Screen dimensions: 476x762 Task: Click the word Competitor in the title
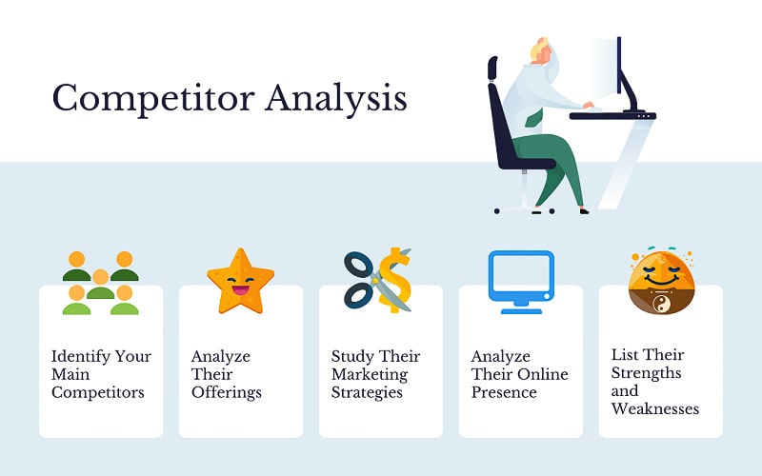tap(152, 98)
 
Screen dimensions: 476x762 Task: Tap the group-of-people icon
tap(100, 283)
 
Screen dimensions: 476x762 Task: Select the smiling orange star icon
tap(240, 281)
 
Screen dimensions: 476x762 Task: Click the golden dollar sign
tap(393, 281)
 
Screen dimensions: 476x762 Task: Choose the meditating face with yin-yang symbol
tap(659, 282)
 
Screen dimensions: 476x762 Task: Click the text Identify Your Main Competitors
tap(101, 374)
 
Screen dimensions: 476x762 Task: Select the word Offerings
tap(226, 392)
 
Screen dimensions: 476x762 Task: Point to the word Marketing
tap(370, 374)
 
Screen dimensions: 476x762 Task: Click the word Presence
tap(504, 392)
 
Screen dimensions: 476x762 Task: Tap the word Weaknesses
tap(655, 408)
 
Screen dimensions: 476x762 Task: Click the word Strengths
tap(648, 372)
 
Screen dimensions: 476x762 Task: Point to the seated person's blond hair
tap(540, 48)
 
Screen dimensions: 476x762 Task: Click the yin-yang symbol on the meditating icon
tap(659, 305)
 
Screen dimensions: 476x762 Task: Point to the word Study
tap(351, 356)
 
